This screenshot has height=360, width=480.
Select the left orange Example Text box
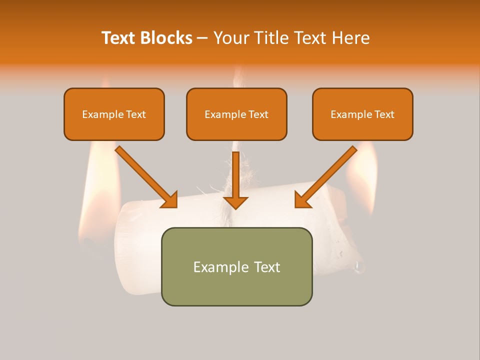114,114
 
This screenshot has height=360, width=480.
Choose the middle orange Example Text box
236,114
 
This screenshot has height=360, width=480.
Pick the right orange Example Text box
362,114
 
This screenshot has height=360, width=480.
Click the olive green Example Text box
236,266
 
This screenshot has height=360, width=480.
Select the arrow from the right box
328,174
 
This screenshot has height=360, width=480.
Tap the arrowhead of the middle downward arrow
235,201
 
